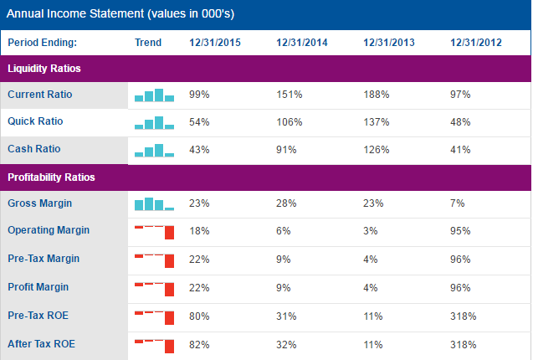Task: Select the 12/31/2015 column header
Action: point(216,43)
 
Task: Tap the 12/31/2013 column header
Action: point(389,43)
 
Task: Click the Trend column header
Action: point(148,43)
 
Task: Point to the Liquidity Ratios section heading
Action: point(44,69)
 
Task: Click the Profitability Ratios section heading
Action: point(51,177)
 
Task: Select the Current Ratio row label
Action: point(40,95)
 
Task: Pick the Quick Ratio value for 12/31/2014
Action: point(289,122)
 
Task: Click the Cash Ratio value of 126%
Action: point(376,150)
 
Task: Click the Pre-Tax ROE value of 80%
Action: point(199,317)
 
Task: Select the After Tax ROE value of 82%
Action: point(199,344)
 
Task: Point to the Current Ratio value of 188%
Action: point(376,95)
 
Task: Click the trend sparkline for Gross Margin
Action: point(154,203)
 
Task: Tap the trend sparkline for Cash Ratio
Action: point(154,151)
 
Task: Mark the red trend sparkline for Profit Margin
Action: point(154,287)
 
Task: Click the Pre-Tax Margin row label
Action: point(44,259)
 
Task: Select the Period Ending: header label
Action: point(42,43)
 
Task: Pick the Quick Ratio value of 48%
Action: point(460,122)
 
